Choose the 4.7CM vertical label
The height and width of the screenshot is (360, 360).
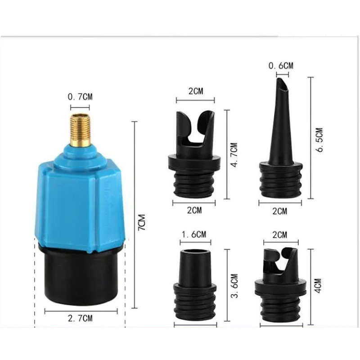233,155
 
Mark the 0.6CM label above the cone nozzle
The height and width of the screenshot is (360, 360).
280,66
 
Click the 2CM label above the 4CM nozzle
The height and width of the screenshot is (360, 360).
279,234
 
